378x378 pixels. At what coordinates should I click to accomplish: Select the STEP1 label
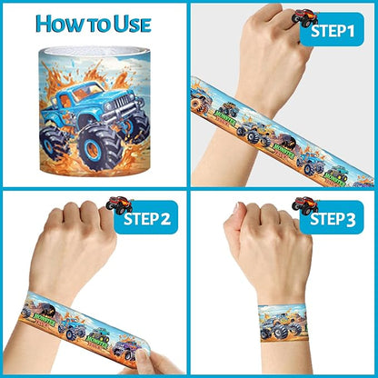330,31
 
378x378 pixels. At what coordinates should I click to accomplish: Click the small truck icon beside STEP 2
118,204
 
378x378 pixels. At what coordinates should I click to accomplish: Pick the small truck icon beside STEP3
303,205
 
